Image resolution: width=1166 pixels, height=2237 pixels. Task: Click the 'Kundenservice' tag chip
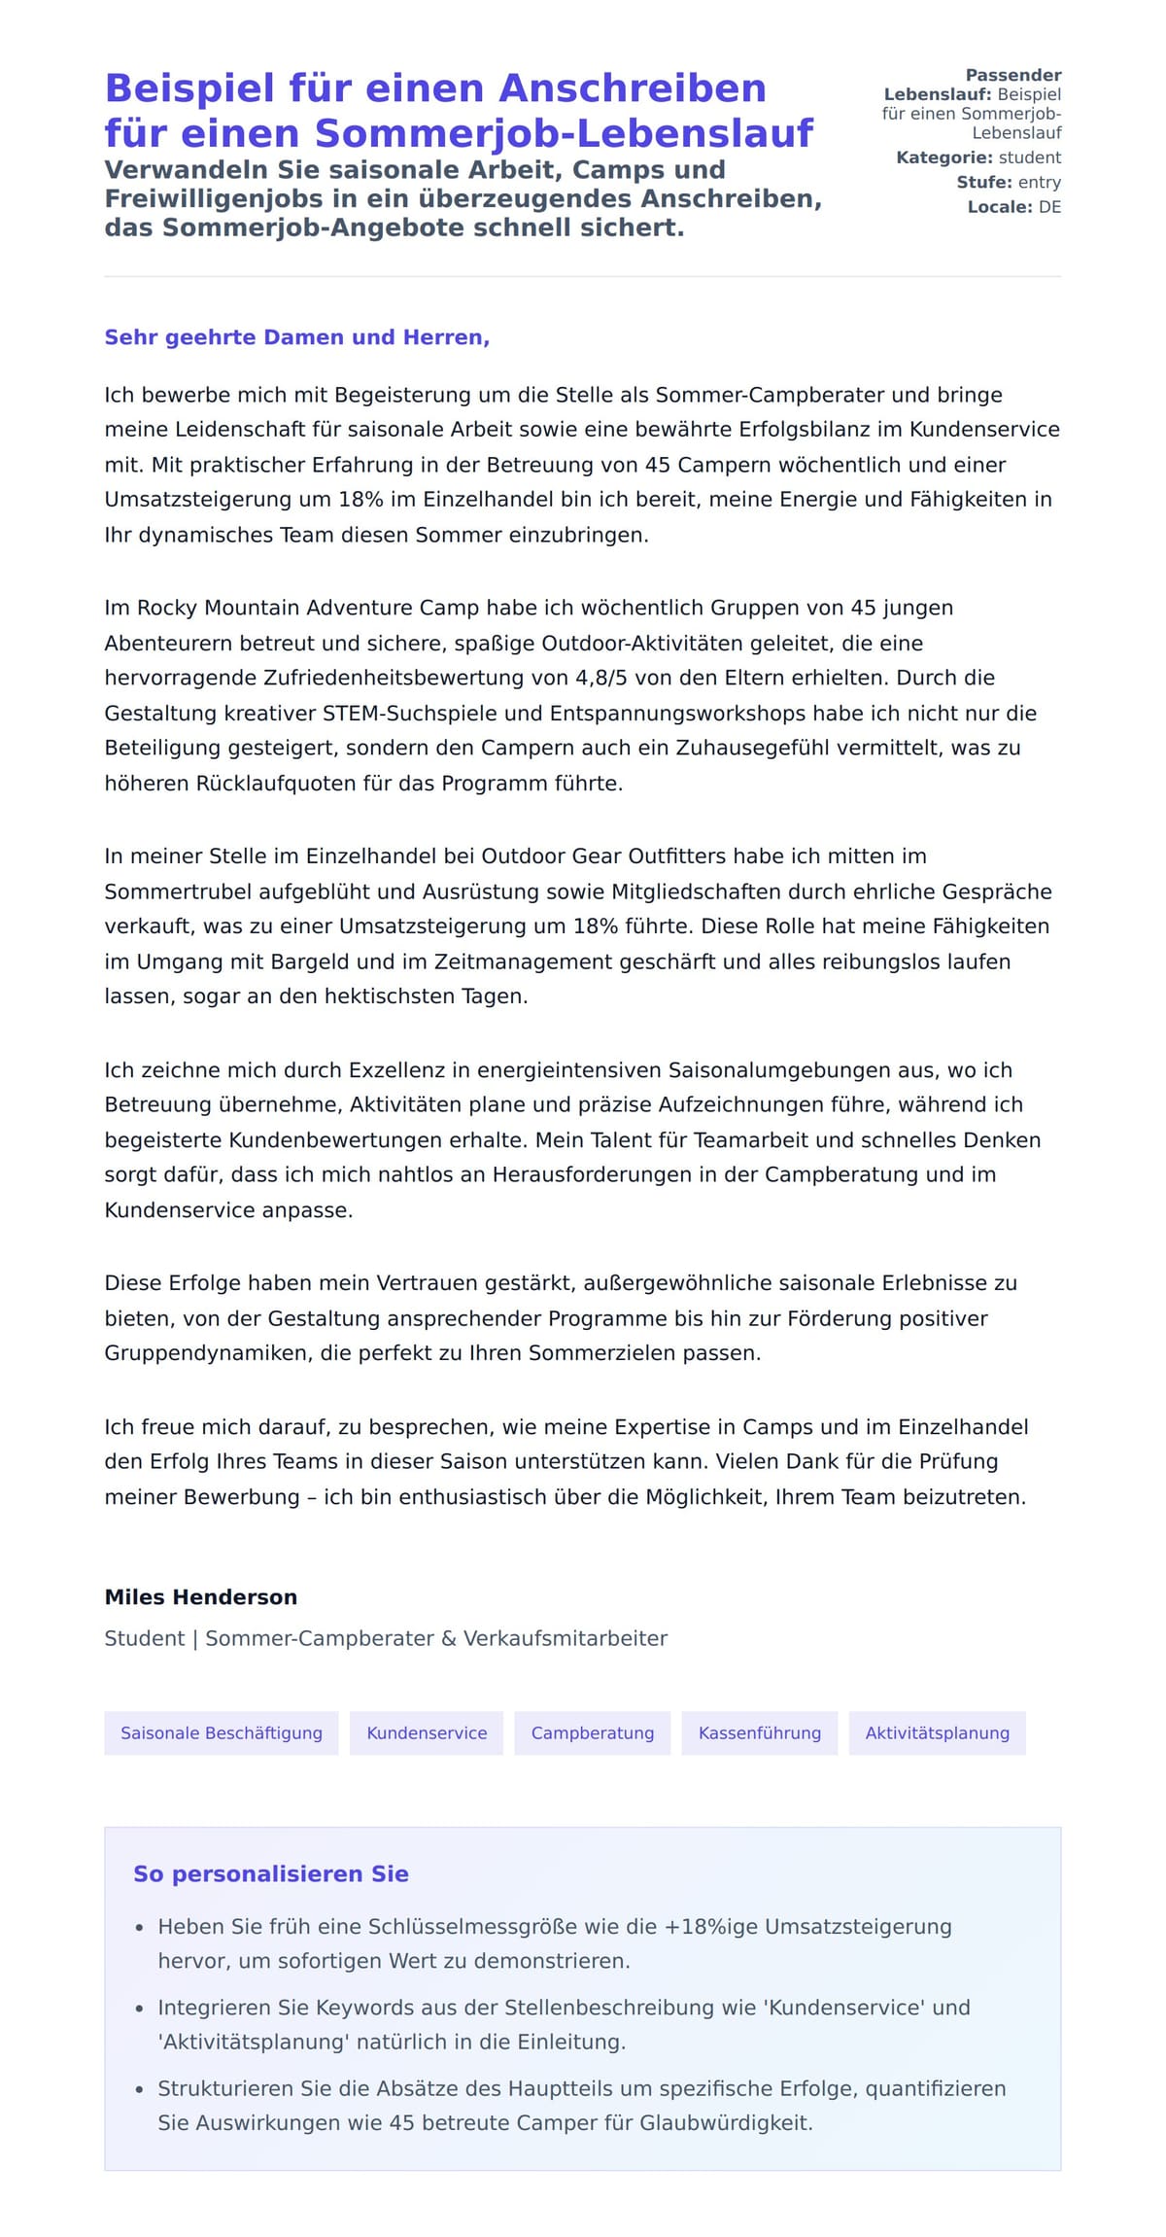point(427,1732)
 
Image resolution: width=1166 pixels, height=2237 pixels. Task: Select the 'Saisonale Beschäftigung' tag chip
point(222,1732)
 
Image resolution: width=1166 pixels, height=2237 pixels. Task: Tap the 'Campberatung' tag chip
point(593,1732)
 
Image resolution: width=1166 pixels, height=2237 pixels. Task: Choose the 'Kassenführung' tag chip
point(760,1732)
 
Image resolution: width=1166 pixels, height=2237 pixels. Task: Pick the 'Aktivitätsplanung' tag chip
point(937,1732)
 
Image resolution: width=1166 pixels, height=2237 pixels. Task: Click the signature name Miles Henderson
point(201,1596)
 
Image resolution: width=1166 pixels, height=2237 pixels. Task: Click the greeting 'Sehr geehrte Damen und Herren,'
point(297,337)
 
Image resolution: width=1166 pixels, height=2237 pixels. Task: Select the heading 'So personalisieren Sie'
point(271,1873)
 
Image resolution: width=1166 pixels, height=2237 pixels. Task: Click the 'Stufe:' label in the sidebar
point(983,182)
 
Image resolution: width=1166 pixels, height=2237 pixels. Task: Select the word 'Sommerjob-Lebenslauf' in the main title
point(564,133)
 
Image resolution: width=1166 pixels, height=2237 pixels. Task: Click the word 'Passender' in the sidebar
point(1012,75)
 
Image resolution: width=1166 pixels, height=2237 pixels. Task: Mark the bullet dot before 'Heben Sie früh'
point(140,1928)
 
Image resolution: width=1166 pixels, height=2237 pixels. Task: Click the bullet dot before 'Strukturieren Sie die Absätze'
point(140,2089)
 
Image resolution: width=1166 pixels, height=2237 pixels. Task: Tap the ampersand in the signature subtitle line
point(448,1638)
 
